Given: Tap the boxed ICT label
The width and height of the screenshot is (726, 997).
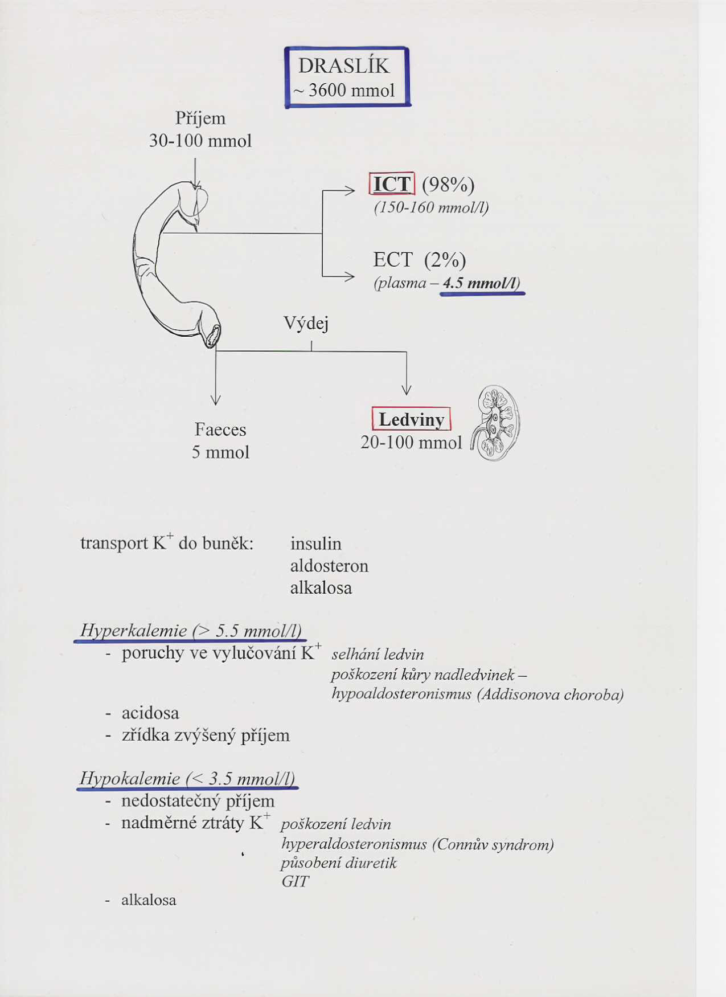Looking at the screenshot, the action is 392,184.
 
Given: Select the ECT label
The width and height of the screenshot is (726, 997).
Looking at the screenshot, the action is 393,260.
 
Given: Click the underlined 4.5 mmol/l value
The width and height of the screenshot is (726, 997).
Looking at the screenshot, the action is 482,283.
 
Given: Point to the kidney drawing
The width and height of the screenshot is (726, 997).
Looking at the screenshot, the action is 496,423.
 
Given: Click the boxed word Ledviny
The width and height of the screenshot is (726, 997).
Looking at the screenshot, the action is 411,419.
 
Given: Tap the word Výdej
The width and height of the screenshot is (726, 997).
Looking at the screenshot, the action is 306,324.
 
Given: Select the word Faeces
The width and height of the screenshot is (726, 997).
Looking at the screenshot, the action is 220,429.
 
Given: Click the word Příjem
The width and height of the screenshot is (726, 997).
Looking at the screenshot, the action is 200,119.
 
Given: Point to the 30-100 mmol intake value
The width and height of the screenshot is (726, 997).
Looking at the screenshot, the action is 200,141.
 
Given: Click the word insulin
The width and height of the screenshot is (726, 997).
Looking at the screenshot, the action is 316,544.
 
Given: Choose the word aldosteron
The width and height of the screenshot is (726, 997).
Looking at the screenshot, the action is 329,566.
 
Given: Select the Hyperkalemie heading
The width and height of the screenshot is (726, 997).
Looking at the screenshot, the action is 190,631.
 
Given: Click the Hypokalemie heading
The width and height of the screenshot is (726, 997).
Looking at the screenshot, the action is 187,778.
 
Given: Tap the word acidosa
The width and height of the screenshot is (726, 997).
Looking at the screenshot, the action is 150,713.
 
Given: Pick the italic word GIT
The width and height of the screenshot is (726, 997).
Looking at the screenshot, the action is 295,882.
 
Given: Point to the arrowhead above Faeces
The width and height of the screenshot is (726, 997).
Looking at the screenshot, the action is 215,399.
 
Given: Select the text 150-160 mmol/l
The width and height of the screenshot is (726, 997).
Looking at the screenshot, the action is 431,207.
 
